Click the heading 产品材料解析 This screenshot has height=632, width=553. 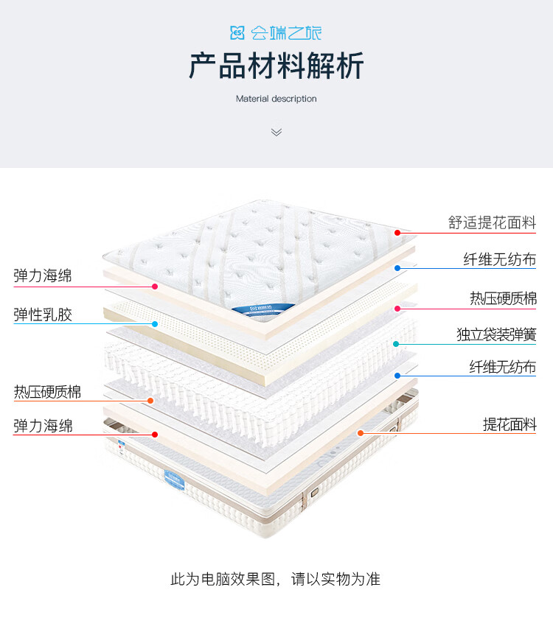[x=276, y=66]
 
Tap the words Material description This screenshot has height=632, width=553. [x=276, y=99]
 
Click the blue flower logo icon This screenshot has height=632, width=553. [x=237, y=33]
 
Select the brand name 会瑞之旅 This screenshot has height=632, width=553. [x=286, y=33]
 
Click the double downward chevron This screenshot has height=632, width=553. [x=276, y=132]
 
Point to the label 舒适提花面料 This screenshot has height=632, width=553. [x=492, y=222]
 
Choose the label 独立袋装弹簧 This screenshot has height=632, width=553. [x=496, y=335]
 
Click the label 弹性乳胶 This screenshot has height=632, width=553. [x=43, y=315]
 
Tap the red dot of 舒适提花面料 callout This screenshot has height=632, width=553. [x=397, y=233]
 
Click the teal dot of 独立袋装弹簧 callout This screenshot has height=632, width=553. [x=396, y=344]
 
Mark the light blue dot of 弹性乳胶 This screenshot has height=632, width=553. [x=155, y=324]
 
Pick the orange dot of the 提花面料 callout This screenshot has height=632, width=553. [x=361, y=433]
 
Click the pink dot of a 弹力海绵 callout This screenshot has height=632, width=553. [x=155, y=287]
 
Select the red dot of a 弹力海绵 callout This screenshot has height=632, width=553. [x=155, y=435]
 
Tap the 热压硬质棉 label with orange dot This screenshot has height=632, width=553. [x=48, y=392]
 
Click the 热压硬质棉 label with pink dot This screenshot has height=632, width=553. [x=504, y=298]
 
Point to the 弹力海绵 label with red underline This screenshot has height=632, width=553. [x=43, y=426]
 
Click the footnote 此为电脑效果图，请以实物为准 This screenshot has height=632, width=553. [x=276, y=579]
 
